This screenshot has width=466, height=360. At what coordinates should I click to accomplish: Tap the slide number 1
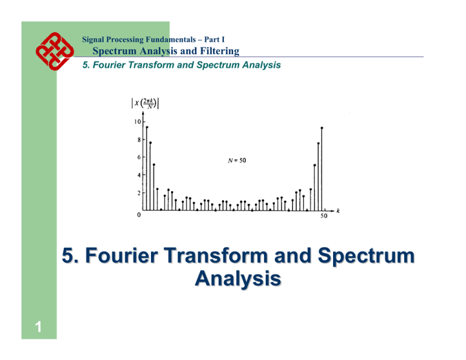tap(38, 327)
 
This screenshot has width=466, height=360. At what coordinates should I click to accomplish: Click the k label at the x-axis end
tap(338, 211)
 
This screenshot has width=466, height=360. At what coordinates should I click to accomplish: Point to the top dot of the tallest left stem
tap(146, 127)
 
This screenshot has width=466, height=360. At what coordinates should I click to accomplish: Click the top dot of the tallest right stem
tap(322, 128)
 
